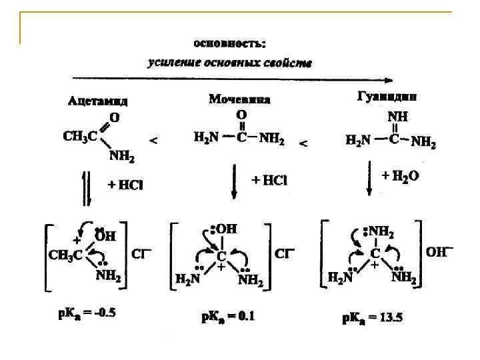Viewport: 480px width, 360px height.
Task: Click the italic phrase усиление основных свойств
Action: click(229, 63)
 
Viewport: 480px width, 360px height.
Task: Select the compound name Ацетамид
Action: click(98, 101)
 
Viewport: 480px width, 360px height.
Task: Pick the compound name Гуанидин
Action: click(386, 96)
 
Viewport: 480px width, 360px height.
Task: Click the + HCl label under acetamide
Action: click(126, 185)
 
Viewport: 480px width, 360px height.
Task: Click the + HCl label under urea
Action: click(269, 180)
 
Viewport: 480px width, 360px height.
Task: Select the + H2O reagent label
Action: click(400, 177)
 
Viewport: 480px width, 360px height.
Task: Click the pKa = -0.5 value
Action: click(87, 313)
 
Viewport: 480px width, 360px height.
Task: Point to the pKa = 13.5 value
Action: click(372, 318)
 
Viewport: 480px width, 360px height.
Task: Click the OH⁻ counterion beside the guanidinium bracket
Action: click(439, 251)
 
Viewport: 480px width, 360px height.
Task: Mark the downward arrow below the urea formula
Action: click(234, 182)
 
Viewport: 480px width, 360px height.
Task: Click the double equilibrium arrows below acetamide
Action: click(85, 188)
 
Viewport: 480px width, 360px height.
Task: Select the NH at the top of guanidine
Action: click(399, 114)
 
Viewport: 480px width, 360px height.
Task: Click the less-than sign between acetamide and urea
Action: click(153, 141)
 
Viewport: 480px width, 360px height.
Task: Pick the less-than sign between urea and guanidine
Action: click(303, 143)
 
